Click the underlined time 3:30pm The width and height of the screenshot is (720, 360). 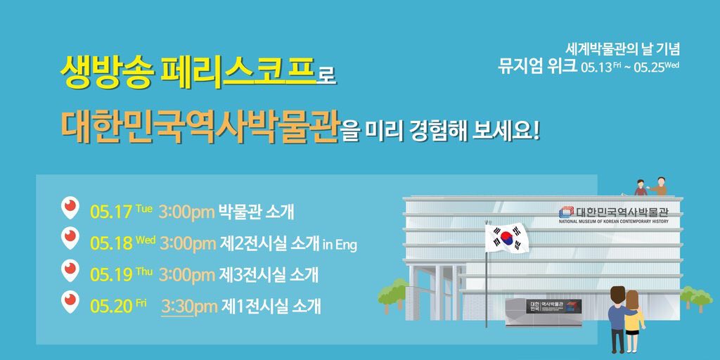(188, 307)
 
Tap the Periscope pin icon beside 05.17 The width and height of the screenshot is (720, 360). (70, 209)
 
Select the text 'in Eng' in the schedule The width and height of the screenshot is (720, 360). (339, 244)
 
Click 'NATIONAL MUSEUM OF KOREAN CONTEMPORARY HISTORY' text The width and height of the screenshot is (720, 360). (613, 221)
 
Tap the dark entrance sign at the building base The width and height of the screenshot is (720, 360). (554, 307)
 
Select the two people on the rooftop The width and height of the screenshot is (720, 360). (650, 186)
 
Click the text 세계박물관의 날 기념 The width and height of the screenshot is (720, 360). (623, 51)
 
